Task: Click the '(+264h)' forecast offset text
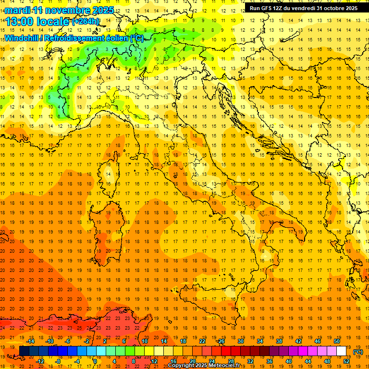[x=85, y=21]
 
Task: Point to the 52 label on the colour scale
[x=347, y=361]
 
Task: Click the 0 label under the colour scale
[x=95, y=361]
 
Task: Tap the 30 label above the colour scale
[x=241, y=341]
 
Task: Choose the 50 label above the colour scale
[x=337, y=341]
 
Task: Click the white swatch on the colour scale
[x=342, y=351]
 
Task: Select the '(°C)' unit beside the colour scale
[x=358, y=351]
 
